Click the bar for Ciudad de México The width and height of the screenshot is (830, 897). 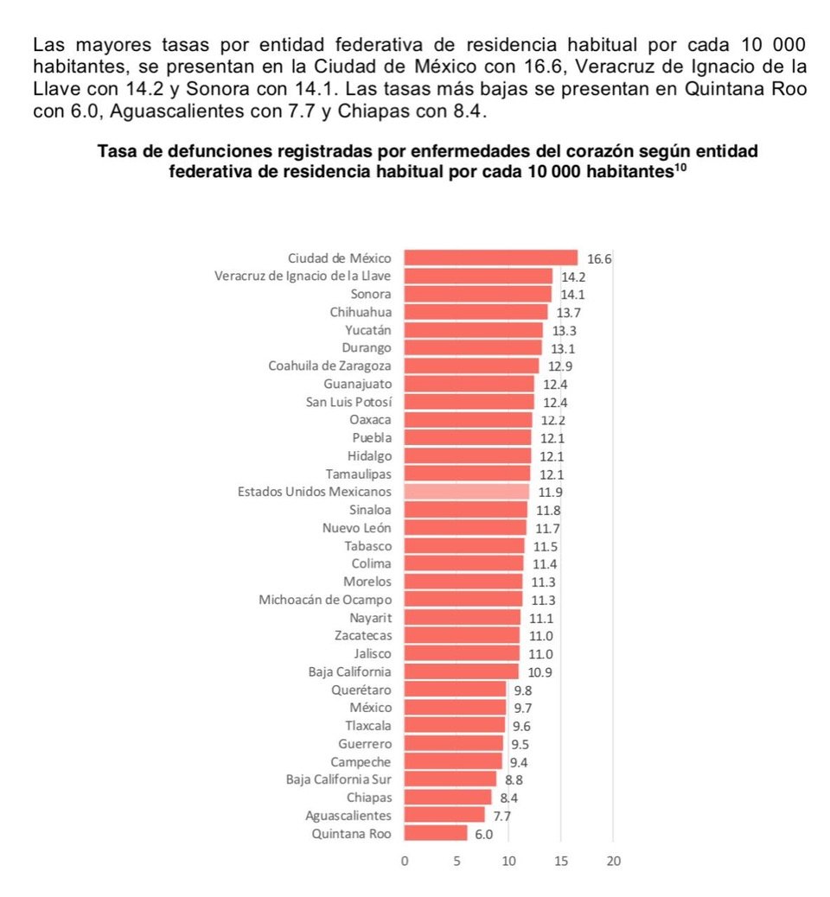[x=490, y=258]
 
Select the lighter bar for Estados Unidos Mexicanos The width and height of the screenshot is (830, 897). [x=466, y=491]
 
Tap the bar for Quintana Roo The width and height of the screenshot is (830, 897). [x=435, y=833]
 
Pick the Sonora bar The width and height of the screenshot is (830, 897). [x=477, y=294]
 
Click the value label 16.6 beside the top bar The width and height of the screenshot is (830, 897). [x=598, y=258]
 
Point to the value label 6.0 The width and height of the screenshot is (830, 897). [x=484, y=834]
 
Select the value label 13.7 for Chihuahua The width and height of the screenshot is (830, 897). [x=568, y=312]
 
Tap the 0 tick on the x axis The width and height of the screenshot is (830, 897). [x=404, y=861]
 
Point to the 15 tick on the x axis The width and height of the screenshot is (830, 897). [x=560, y=861]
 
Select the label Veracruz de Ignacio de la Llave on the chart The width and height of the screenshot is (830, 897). [x=303, y=276]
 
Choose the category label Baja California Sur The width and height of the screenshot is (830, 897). [x=338, y=779]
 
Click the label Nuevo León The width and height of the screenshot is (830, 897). [x=356, y=527]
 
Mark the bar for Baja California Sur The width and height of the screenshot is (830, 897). [x=450, y=779]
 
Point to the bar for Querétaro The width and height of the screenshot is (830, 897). [x=455, y=690]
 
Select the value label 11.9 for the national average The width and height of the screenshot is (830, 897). [x=550, y=492]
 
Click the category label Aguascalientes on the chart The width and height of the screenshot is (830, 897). [x=348, y=815]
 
